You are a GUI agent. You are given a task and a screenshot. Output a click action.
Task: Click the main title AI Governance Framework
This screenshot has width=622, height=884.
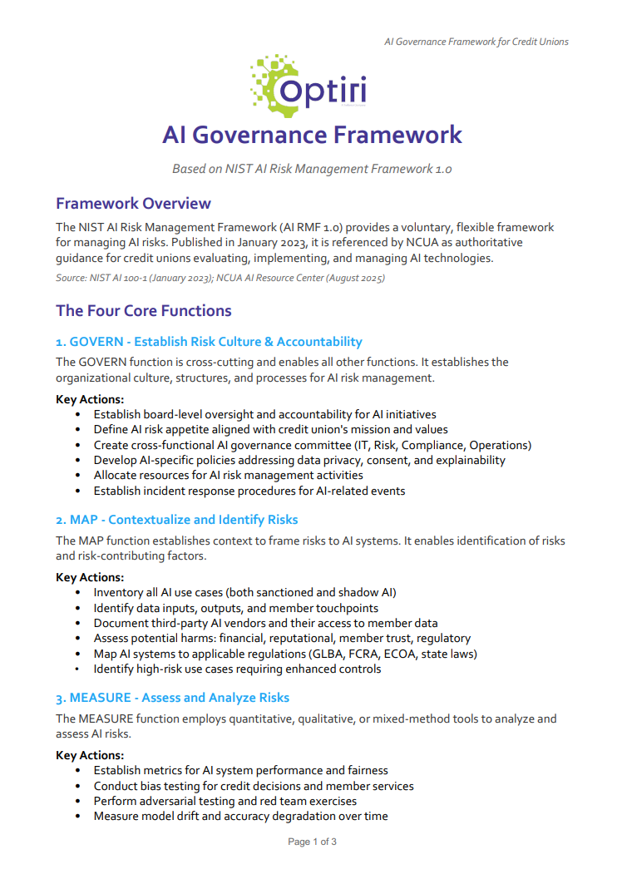pyautogui.click(x=312, y=135)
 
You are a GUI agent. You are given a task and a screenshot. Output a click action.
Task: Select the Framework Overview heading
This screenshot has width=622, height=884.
pyautogui.click(x=133, y=204)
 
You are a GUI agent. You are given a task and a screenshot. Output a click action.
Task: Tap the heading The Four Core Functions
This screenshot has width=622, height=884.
pyautogui.click(x=143, y=311)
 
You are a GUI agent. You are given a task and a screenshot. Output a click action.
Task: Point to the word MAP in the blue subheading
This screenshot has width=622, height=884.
pyautogui.click(x=83, y=520)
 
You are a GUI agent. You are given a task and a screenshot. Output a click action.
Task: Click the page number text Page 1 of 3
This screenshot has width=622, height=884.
pyautogui.click(x=312, y=842)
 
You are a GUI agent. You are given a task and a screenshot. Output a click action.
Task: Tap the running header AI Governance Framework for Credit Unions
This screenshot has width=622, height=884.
pyautogui.click(x=476, y=42)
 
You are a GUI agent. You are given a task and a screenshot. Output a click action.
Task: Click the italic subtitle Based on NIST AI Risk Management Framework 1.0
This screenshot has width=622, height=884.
pyautogui.click(x=312, y=169)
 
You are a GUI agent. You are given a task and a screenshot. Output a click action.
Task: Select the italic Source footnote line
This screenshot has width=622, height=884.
pyautogui.click(x=220, y=278)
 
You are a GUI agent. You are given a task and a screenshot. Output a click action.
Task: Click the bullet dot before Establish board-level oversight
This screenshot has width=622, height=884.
pyautogui.click(x=77, y=414)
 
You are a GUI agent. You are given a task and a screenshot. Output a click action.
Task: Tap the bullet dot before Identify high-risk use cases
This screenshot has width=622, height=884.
pyautogui.click(x=77, y=669)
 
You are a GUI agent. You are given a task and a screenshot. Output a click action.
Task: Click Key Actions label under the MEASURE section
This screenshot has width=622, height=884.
pyautogui.click(x=90, y=755)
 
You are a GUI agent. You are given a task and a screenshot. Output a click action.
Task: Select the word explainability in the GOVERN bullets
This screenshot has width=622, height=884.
pyautogui.click(x=469, y=460)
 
